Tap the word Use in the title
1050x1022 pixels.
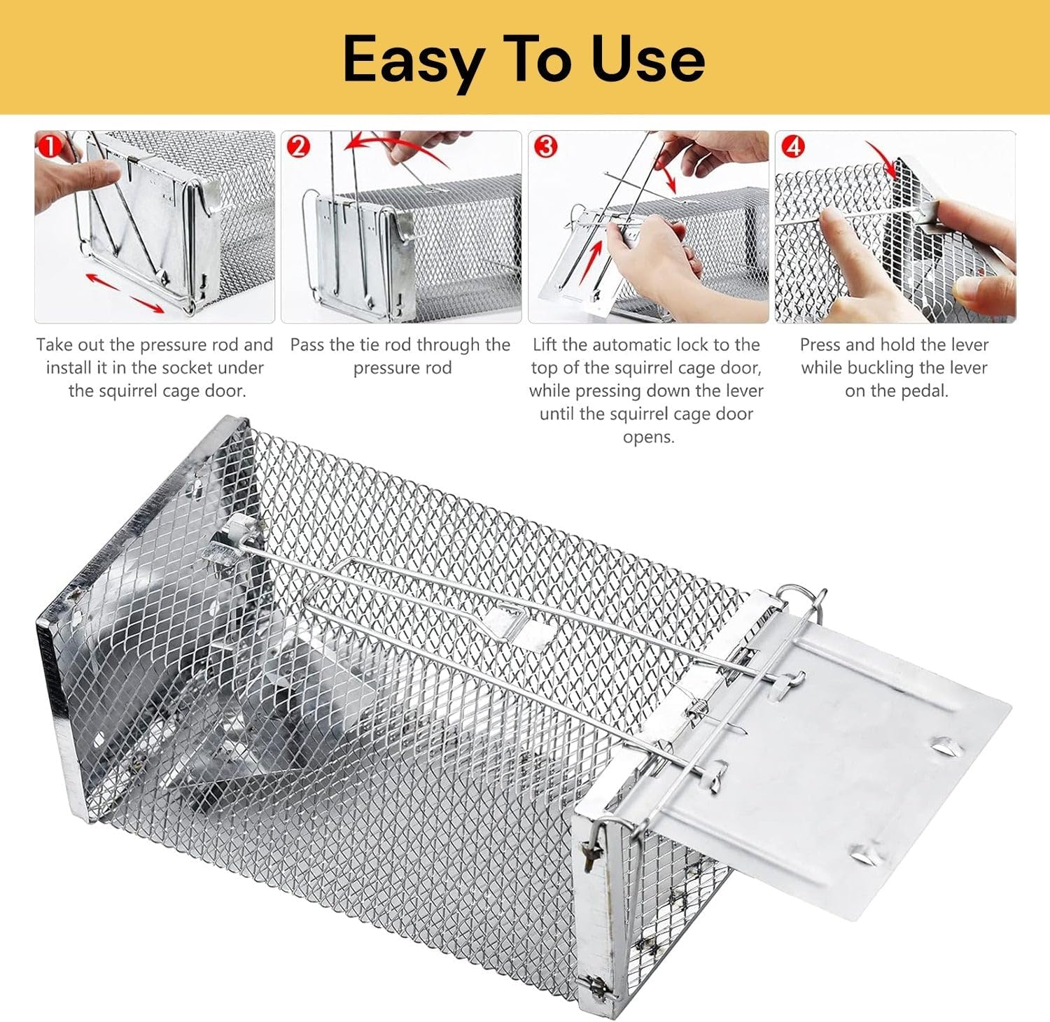coord(647,60)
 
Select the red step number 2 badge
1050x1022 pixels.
coord(298,146)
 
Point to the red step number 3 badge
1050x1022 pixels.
coord(545,146)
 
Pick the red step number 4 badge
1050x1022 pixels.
coord(792,146)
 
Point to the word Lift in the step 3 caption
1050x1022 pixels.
coord(545,345)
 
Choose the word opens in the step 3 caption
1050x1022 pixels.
coord(648,437)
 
